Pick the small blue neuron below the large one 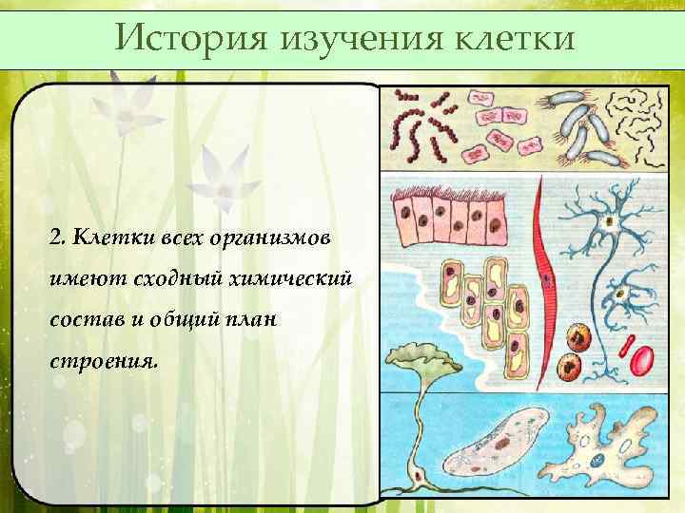(624, 294)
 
